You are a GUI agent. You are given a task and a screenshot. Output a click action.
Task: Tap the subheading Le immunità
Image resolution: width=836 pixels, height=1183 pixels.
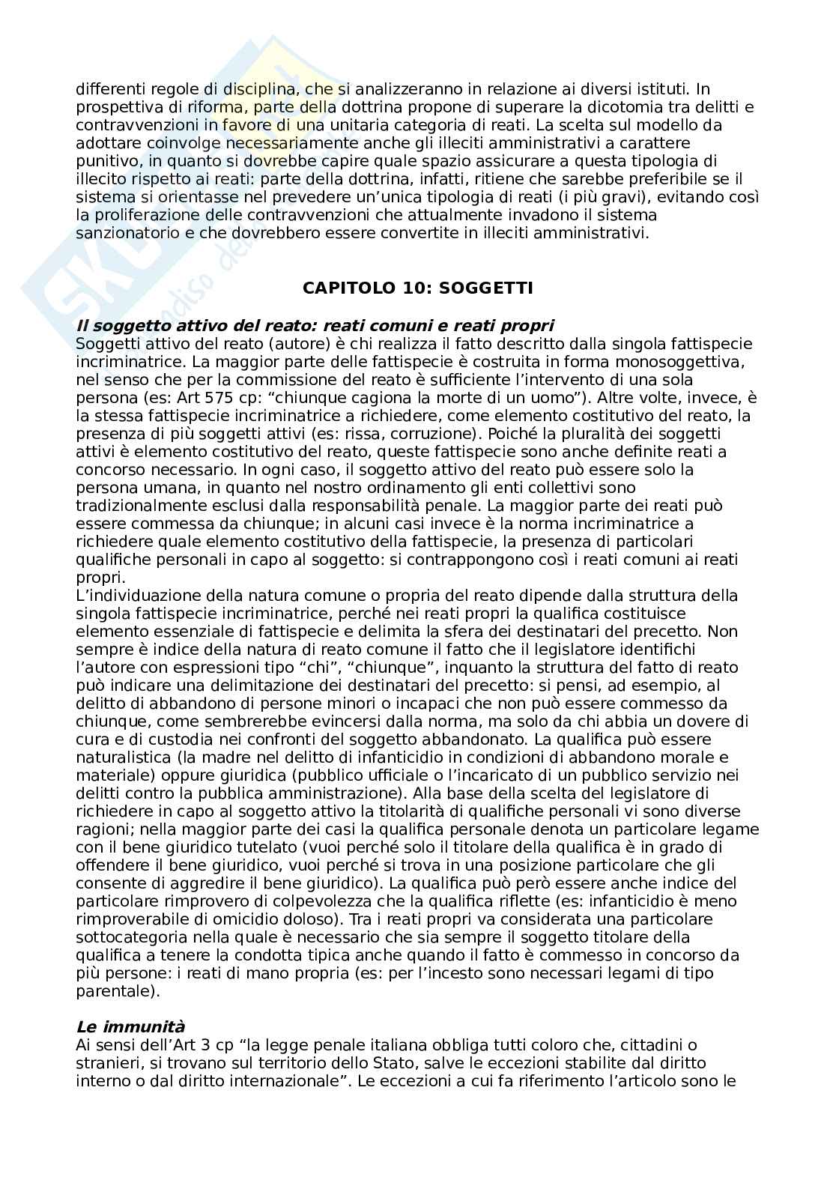coord(130,1026)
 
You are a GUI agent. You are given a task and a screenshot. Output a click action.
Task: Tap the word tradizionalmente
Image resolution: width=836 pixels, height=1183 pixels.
coord(139,506)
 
